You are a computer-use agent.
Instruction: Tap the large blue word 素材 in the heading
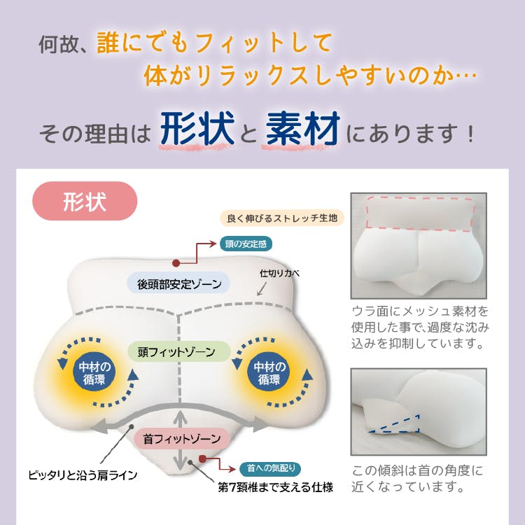(x=303, y=129)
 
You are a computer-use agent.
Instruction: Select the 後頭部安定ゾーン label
(x=178, y=283)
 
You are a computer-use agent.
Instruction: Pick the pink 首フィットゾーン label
(x=182, y=440)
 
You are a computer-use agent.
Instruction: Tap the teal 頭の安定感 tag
(x=244, y=244)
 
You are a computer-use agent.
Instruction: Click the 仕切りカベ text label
(x=279, y=273)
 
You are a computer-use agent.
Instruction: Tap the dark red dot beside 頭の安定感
(x=176, y=264)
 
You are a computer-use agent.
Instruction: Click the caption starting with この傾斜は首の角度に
(x=417, y=477)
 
